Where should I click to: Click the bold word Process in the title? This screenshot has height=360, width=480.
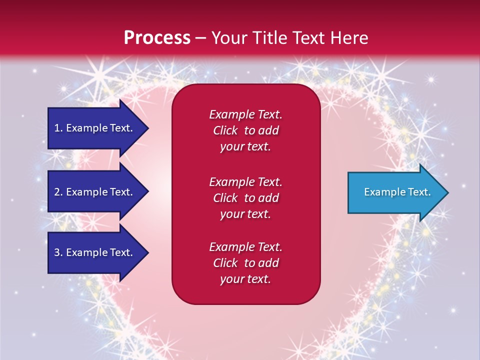(157, 37)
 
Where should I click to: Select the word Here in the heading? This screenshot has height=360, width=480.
(350, 37)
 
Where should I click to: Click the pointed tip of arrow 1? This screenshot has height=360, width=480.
(147, 128)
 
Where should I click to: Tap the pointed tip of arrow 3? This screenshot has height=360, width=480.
(147, 252)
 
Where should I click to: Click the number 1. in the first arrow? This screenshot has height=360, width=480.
(58, 128)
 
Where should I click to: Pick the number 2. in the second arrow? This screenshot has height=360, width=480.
(58, 192)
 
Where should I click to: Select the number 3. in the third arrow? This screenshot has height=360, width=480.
(58, 252)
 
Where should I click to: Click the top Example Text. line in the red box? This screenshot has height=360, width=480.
(245, 114)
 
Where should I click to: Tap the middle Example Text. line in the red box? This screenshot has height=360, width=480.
(245, 181)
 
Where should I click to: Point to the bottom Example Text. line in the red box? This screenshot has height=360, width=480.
(245, 247)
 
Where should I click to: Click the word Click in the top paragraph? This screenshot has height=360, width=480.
(225, 130)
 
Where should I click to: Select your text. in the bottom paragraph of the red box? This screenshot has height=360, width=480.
(245, 279)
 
